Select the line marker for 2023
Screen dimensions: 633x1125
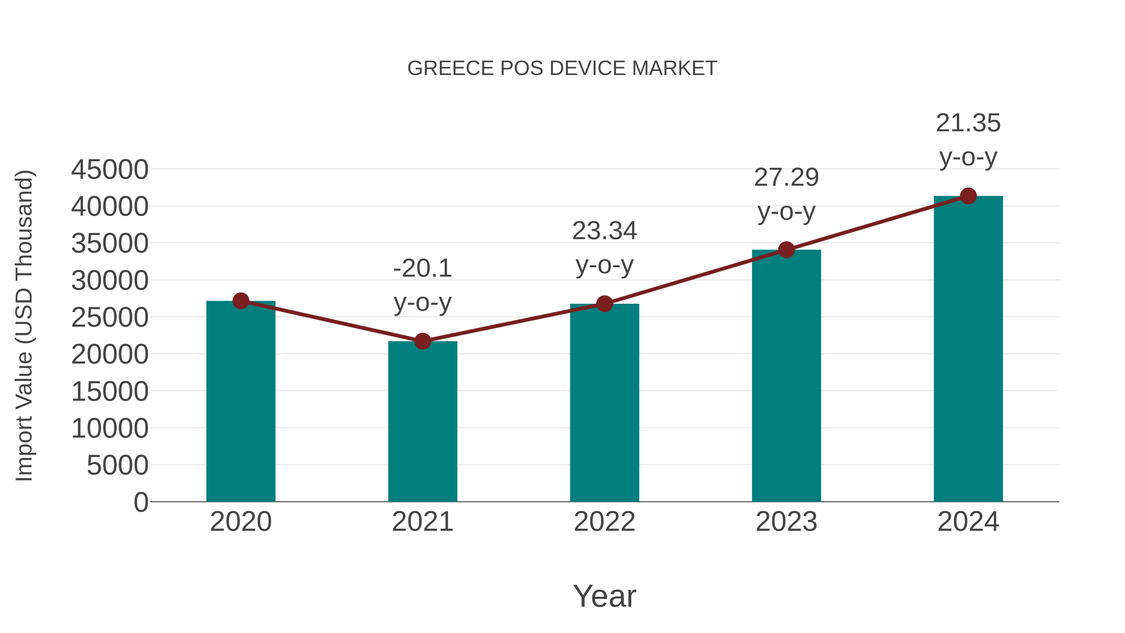(786, 250)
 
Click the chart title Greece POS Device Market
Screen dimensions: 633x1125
(562, 68)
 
